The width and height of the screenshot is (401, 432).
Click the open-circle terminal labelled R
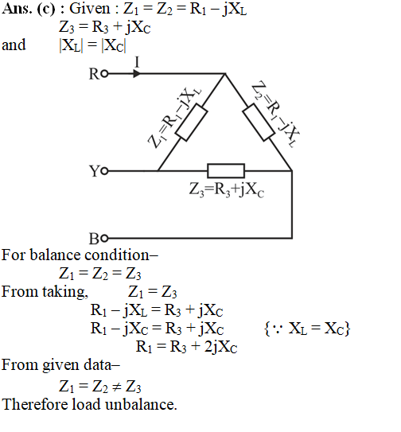(104, 73)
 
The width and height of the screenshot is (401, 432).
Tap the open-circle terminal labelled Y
(104, 171)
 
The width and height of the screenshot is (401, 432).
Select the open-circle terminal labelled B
(104, 239)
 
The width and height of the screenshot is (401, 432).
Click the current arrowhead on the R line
(137, 73)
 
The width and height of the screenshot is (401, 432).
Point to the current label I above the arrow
(137, 62)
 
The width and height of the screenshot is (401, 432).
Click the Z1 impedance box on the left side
(192, 123)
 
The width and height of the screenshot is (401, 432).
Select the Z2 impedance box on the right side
(259, 123)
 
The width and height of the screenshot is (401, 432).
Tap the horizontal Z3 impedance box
(226, 171)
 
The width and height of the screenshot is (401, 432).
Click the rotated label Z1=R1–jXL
(174, 118)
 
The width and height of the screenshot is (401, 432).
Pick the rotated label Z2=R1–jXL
(276, 114)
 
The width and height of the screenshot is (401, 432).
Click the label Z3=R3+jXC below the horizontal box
(227, 190)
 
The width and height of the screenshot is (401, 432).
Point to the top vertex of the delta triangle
(225, 73)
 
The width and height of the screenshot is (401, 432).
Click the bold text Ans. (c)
(29, 9)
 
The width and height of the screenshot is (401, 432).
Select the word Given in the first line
(90, 9)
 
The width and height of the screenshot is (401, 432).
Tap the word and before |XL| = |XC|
(14, 45)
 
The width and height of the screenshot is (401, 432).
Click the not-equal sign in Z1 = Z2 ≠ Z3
(117, 387)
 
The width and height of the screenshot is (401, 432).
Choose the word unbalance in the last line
(141, 404)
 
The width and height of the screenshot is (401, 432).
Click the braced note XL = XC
(307, 329)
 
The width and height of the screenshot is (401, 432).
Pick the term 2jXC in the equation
(220, 347)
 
